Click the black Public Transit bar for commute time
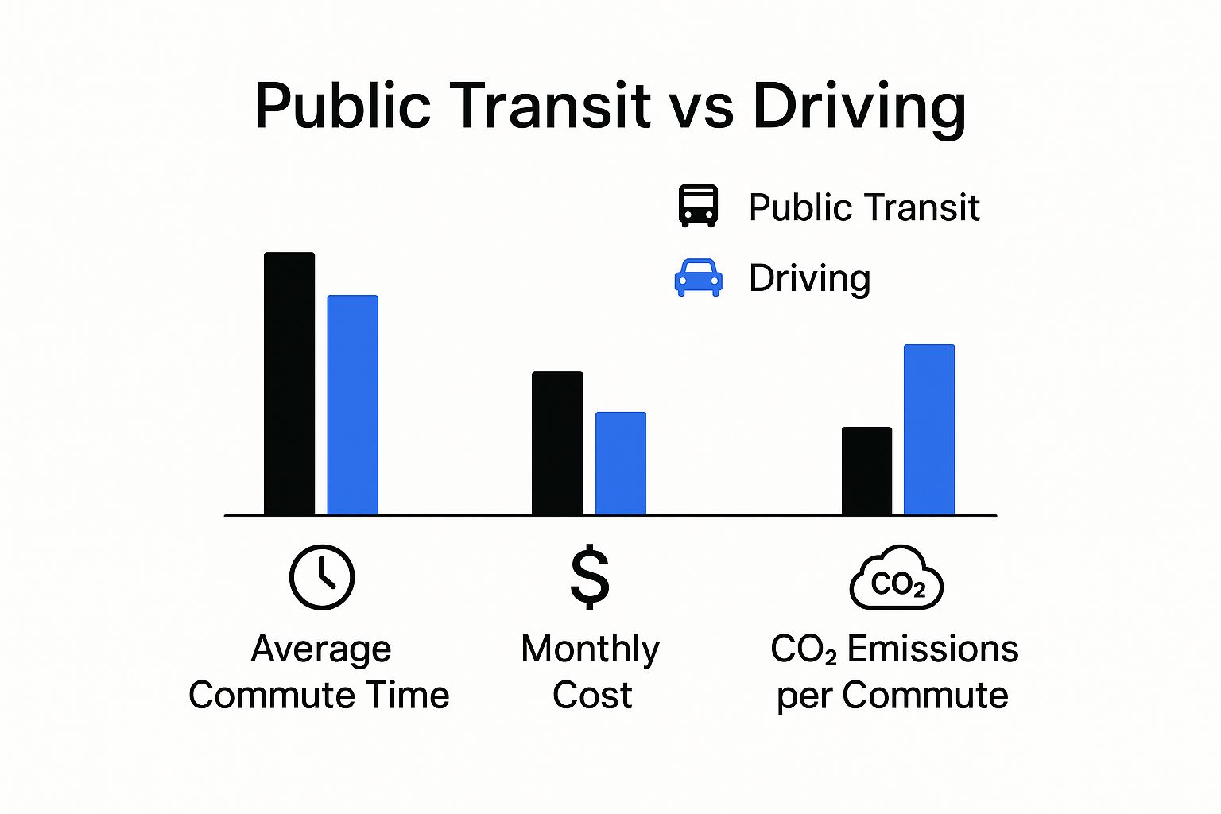(x=289, y=384)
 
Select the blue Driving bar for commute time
(x=352, y=405)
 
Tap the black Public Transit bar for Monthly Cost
(x=557, y=444)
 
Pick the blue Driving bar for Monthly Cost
(x=620, y=463)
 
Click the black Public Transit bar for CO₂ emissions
(x=866, y=471)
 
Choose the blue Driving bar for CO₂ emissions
(x=928, y=430)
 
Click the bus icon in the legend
(x=698, y=206)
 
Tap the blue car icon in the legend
(x=698, y=278)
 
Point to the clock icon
(x=322, y=577)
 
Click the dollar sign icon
(x=590, y=577)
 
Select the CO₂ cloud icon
(x=897, y=579)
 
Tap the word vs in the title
(x=701, y=107)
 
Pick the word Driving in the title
(x=859, y=107)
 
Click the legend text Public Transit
(x=863, y=207)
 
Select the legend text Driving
(x=809, y=279)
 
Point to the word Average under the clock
(x=321, y=649)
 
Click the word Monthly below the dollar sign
(x=590, y=649)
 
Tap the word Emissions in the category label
(x=932, y=649)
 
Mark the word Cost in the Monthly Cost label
(x=592, y=696)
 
